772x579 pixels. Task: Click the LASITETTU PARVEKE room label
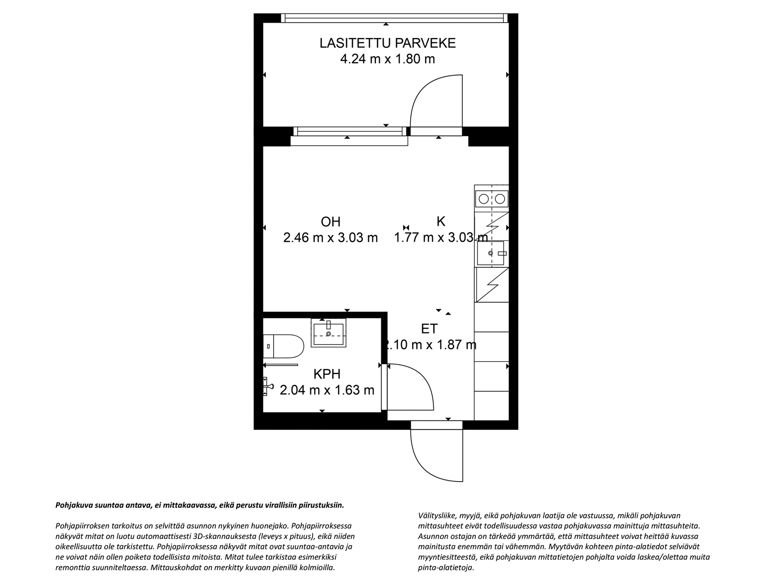tap(387, 43)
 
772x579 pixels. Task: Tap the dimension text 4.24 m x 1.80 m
tap(387, 59)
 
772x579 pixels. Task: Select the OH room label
tap(331, 222)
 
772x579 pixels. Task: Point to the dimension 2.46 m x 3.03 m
tap(331, 238)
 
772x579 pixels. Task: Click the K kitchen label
tap(441, 221)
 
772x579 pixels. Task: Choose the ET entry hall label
tap(429, 329)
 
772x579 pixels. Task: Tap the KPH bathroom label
tap(327, 374)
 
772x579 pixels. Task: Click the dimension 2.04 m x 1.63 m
tap(327, 390)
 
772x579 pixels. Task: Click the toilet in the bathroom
tap(284, 346)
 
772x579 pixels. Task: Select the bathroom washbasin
tap(329, 332)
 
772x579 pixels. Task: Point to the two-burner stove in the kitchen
tap(492, 199)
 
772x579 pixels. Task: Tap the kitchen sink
tap(491, 253)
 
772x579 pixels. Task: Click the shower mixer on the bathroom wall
tap(268, 386)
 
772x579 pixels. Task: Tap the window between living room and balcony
tap(349, 131)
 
